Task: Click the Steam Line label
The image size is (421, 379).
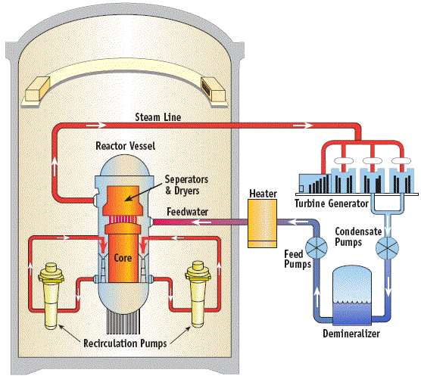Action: (157, 117)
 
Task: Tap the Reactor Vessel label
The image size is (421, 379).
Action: (126, 146)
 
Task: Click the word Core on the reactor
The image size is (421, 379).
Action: (123, 258)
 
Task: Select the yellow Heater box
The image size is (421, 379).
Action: (262, 223)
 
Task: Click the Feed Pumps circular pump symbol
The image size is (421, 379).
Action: (317, 247)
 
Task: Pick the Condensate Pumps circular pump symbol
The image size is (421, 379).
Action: (387, 248)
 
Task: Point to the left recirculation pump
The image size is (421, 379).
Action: (51, 296)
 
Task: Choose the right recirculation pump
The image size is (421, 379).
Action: (198, 294)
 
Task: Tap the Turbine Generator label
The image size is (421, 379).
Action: (332, 203)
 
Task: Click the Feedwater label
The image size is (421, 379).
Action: (188, 212)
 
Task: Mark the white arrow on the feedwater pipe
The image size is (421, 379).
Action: (202, 222)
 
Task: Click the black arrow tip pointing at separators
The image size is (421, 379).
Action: (126, 200)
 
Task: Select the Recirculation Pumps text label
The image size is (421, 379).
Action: (125, 343)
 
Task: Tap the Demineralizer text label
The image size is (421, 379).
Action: (351, 334)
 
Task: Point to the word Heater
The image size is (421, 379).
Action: (264, 194)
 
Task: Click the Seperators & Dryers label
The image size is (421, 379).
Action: (186, 185)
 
